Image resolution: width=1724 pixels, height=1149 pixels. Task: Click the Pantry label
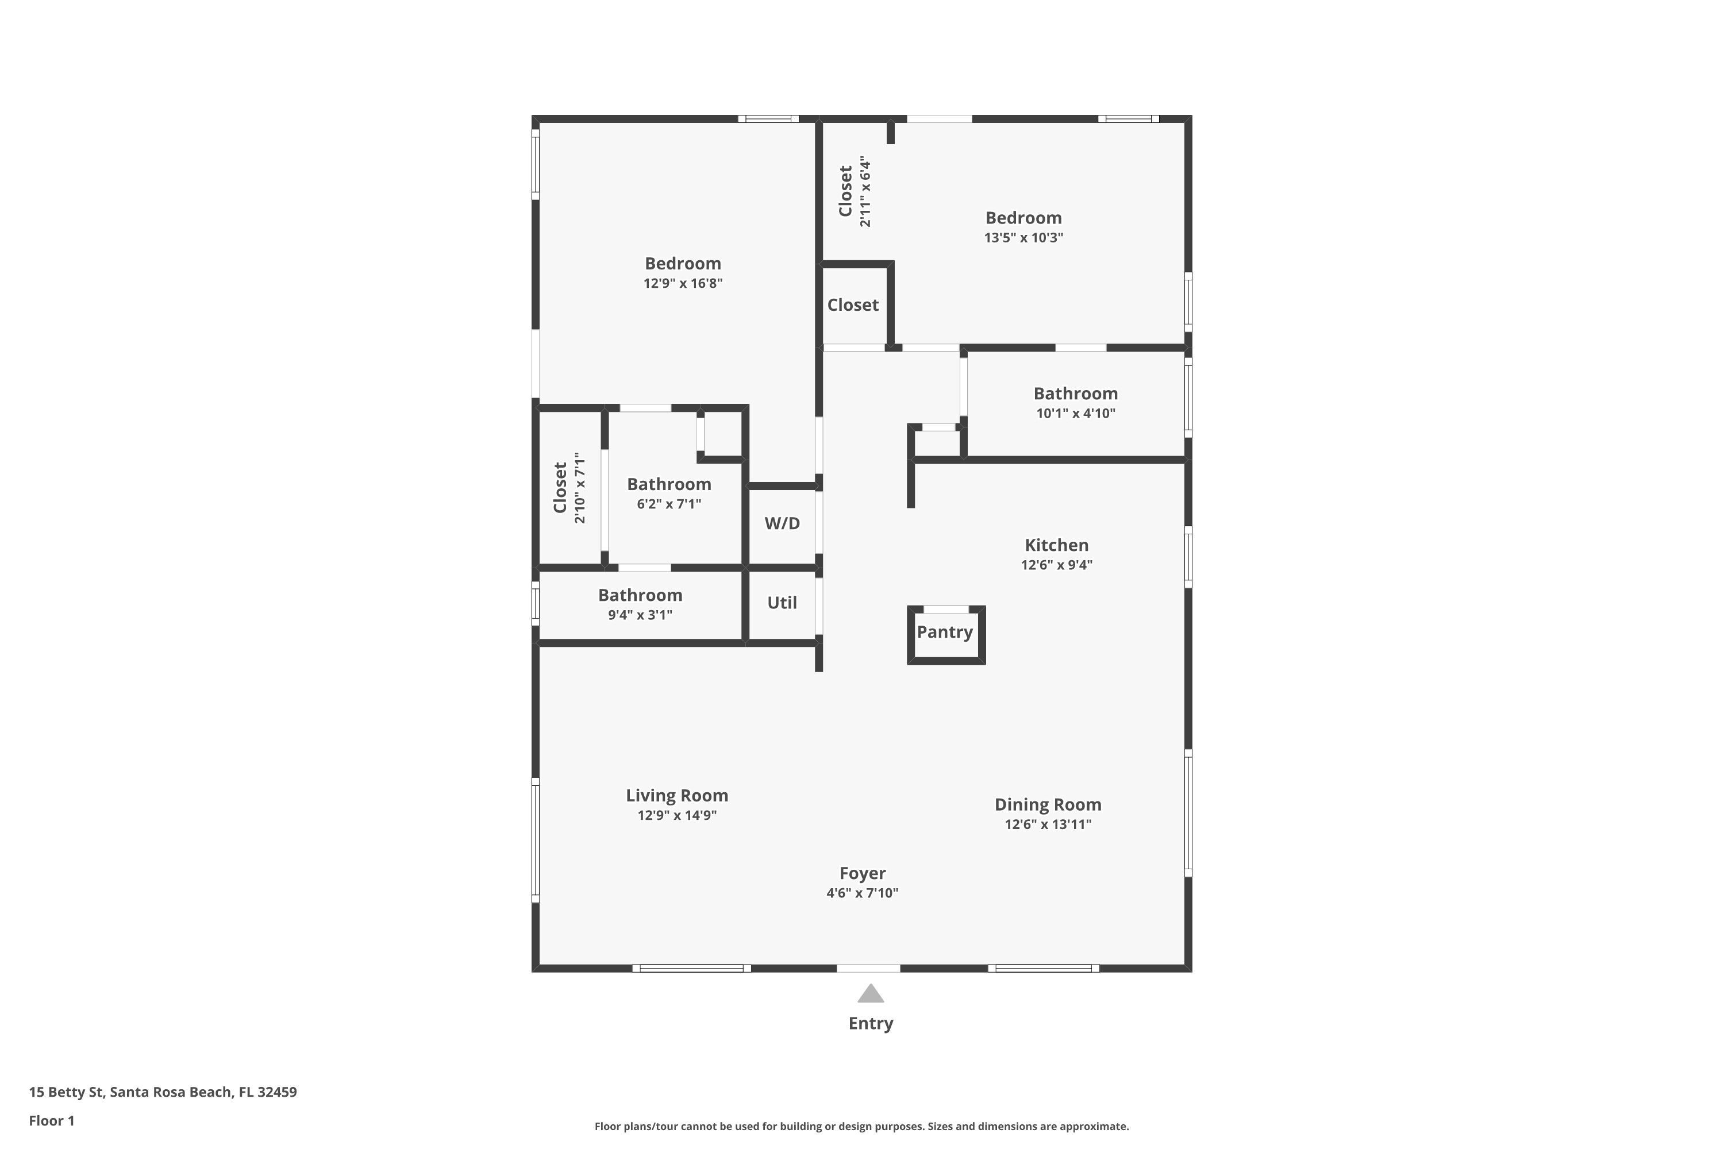point(944,631)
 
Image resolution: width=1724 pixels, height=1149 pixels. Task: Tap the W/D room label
point(782,523)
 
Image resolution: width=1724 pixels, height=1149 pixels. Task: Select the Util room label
point(782,602)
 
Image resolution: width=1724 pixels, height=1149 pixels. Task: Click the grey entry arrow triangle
point(870,994)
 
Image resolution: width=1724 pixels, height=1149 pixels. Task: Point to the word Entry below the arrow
point(870,1023)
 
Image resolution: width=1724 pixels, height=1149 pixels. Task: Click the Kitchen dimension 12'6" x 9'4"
point(1056,565)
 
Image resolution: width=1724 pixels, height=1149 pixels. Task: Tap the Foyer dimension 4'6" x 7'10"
point(862,893)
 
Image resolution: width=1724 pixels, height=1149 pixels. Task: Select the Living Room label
point(676,795)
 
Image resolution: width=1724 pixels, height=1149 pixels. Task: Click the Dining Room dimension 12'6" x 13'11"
point(1048,824)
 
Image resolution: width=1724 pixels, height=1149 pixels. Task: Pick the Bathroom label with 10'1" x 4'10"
point(1075,394)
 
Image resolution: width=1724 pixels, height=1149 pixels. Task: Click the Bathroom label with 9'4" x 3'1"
point(640,595)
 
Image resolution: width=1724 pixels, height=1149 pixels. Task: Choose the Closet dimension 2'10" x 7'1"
point(580,488)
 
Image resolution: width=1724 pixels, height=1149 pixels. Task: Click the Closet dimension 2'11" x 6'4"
point(865,191)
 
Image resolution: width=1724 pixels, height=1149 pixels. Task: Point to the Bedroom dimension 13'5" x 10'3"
point(1023,237)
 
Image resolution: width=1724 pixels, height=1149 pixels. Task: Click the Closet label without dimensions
point(852,305)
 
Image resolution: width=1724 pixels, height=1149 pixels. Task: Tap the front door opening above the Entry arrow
point(868,968)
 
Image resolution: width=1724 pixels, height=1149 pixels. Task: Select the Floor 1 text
point(51,1120)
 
